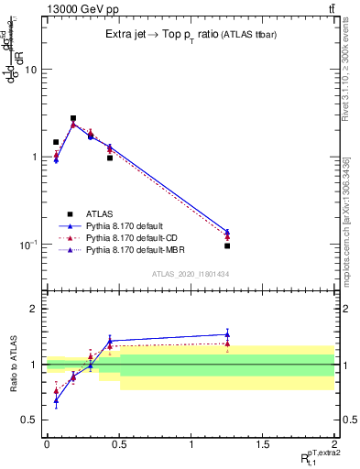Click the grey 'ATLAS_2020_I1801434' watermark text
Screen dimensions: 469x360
click(x=190, y=274)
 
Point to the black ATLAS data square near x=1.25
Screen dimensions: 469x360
click(x=227, y=245)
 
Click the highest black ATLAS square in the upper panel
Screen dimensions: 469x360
click(x=73, y=118)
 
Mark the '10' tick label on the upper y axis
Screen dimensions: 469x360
click(x=30, y=70)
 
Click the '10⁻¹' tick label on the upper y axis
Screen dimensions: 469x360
click(x=28, y=245)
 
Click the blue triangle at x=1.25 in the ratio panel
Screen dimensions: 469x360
click(x=227, y=334)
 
